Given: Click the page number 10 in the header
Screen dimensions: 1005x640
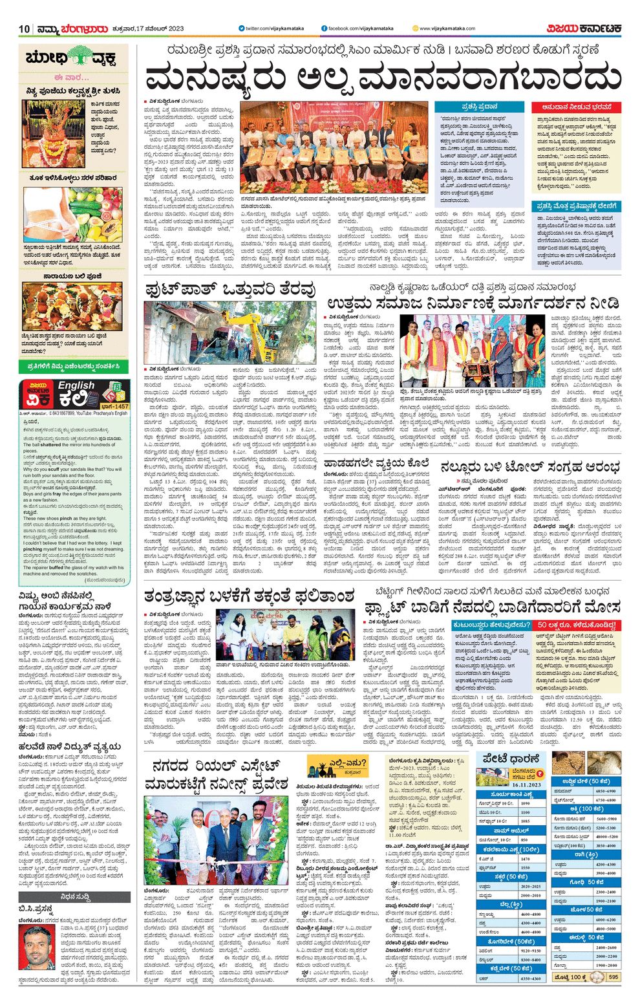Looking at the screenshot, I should click(x=25, y=28).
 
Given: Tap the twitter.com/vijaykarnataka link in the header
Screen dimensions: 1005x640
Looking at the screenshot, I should click(x=268, y=28).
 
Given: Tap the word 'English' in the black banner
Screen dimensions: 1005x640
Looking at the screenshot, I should click(x=76, y=385).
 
